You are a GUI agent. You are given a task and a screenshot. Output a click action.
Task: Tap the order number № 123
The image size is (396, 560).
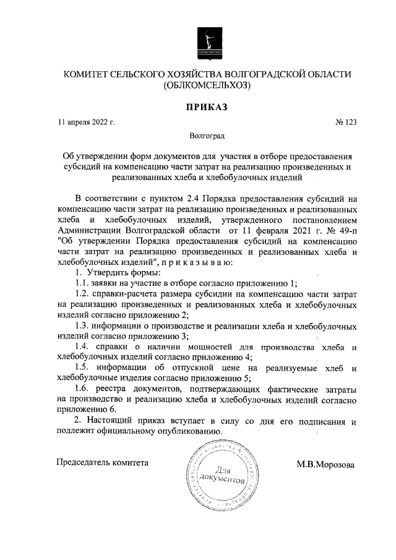(x=346, y=123)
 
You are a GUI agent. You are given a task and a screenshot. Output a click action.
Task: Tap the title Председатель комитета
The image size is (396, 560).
(x=102, y=462)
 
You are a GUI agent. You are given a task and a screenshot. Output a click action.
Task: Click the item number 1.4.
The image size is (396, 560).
(x=83, y=347)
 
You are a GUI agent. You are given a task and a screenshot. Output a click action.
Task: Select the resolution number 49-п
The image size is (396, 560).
(x=340, y=230)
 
